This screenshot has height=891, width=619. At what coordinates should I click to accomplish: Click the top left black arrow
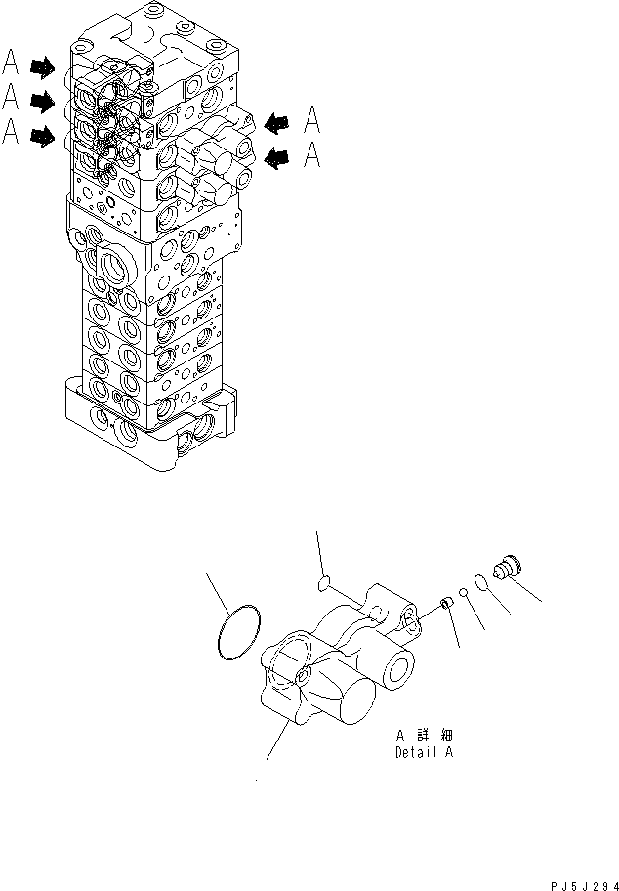pos(43,66)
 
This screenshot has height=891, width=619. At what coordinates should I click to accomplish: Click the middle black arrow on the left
pos(43,100)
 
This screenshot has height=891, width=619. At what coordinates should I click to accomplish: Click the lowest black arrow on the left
pos(43,138)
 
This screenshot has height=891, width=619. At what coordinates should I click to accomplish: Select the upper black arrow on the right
pos(276,122)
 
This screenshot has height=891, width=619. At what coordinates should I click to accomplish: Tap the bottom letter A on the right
pos(312,154)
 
